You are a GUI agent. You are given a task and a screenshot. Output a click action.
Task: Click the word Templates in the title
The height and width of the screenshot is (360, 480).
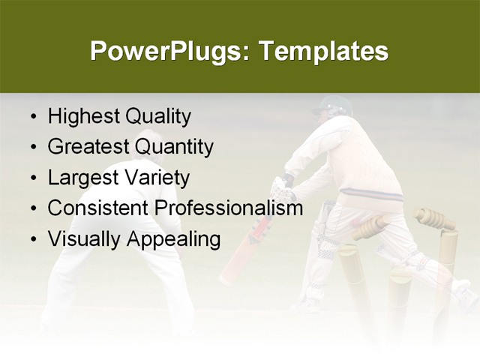click(323, 52)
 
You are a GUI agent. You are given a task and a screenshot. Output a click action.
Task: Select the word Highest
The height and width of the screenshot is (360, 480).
click(82, 117)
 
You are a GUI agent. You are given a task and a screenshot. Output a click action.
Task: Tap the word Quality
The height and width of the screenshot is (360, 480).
click(157, 117)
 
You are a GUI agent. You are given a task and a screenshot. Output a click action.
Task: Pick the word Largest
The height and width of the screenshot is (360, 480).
click(80, 178)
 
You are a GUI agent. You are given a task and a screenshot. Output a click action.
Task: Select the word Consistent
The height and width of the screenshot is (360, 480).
click(98, 208)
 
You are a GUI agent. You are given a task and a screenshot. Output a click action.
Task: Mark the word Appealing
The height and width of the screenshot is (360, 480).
click(172, 239)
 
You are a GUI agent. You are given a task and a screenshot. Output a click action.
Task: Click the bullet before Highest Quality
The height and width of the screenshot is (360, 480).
click(33, 118)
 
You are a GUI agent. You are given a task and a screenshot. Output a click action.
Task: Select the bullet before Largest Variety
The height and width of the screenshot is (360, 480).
click(33, 178)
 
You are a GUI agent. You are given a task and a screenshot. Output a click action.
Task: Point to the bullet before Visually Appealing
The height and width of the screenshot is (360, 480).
click(33, 239)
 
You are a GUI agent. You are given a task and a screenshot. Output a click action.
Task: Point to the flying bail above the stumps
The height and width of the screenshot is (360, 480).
click(435, 219)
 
